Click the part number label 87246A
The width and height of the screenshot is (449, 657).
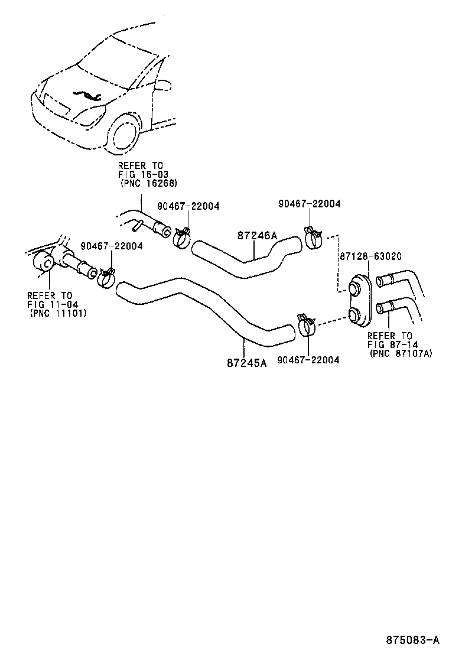tap(257, 236)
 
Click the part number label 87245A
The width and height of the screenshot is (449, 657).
tap(246, 362)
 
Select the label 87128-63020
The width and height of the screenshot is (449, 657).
tap(370, 256)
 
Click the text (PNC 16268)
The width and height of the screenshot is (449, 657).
tap(148, 184)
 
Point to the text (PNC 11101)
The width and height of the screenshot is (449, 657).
tap(57, 313)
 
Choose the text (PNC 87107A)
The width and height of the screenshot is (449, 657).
tap(400, 353)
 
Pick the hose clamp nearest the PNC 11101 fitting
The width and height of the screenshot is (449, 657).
tap(106, 277)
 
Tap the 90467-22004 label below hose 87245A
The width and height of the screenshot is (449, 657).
tap(308, 360)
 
